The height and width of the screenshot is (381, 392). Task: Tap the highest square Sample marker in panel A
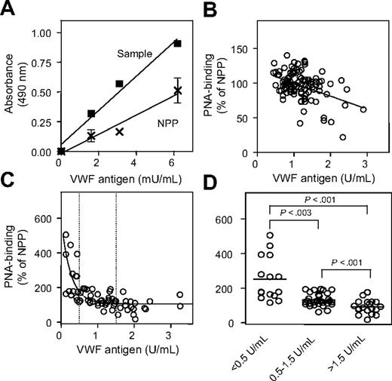click(177, 43)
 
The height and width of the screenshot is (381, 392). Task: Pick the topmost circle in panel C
click(66, 235)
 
